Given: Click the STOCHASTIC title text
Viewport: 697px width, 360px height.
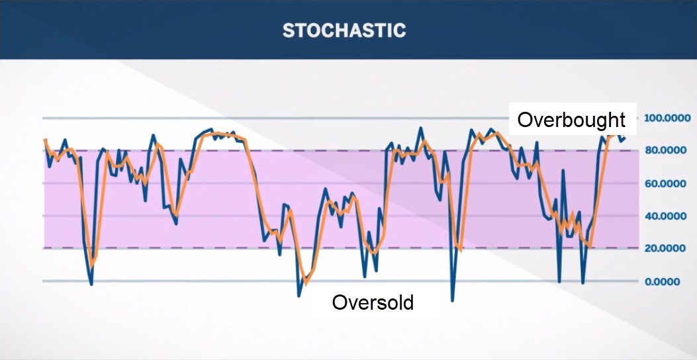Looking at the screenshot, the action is [x=344, y=30].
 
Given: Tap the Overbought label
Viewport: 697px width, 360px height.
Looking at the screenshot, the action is [x=572, y=120].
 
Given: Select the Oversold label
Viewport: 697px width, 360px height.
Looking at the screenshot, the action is [x=373, y=302].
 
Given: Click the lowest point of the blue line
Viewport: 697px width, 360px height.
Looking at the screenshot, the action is [x=453, y=301].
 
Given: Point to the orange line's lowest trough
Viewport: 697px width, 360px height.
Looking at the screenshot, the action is [x=305, y=284].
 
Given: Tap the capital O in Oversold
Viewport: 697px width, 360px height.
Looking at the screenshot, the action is [x=339, y=302].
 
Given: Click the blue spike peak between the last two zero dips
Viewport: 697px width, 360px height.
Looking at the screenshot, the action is [x=563, y=170].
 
